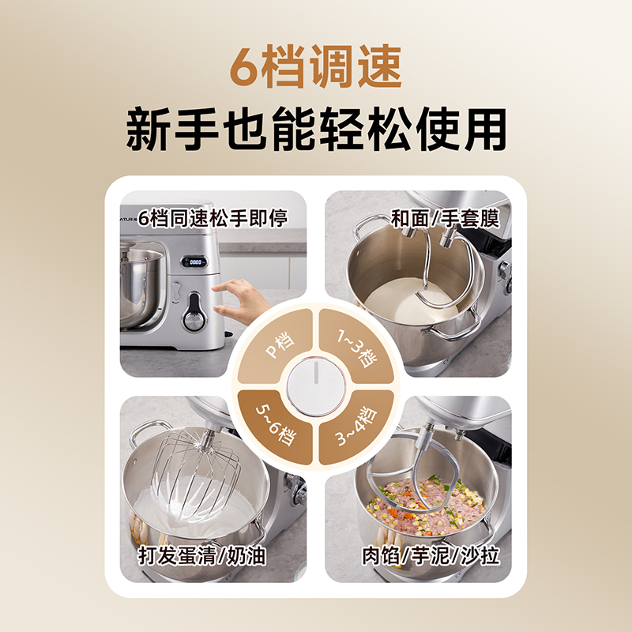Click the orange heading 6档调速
pyautogui.click(x=315, y=66)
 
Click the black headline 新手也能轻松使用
pyautogui.click(x=316, y=129)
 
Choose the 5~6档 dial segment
pyautogui.click(x=275, y=427)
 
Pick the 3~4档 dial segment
pyautogui.click(x=356, y=427)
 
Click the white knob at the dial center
pyautogui.click(x=315, y=387)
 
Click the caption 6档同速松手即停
pyautogui.click(x=213, y=218)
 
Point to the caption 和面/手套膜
pyautogui.click(x=445, y=219)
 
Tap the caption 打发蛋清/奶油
pyautogui.click(x=202, y=555)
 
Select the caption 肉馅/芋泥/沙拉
pyautogui.click(x=431, y=555)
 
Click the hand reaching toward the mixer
pyautogui.click(x=241, y=299)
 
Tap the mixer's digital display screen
pyautogui.click(x=194, y=262)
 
